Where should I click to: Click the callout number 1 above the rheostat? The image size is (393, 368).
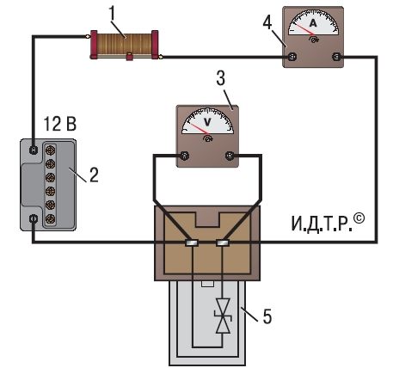tap(112, 13)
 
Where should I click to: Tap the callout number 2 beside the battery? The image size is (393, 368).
tap(94, 175)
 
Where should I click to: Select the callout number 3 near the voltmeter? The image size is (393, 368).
tap(221, 77)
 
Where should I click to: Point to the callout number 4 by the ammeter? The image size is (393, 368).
tap(267, 22)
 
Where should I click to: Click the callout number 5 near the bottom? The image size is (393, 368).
tap(267, 316)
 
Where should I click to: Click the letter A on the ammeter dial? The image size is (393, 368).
tap(313, 23)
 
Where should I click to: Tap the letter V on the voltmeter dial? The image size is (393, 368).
tap(207, 122)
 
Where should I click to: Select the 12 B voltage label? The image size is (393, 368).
tap(59, 124)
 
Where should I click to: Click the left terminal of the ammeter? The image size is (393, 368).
tap(292, 57)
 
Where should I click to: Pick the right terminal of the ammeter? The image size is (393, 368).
tap(336, 57)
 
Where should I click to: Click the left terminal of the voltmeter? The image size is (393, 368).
tap(185, 156)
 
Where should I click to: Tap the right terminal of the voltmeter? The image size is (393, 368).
tap(230, 156)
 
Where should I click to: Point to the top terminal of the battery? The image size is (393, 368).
tap(34, 150)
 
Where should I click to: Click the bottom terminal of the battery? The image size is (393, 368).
tap(34, 219)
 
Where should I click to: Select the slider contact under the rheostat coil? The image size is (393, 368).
tap(130, 57)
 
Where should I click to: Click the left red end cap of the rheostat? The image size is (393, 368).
tap(94, 45)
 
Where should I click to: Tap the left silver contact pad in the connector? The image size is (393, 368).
tap(192, 243)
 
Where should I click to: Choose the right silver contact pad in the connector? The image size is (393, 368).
tap(223, 243)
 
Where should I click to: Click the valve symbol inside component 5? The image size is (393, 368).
tap(223, 316)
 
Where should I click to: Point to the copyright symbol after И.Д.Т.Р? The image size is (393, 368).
tap(359, 218)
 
